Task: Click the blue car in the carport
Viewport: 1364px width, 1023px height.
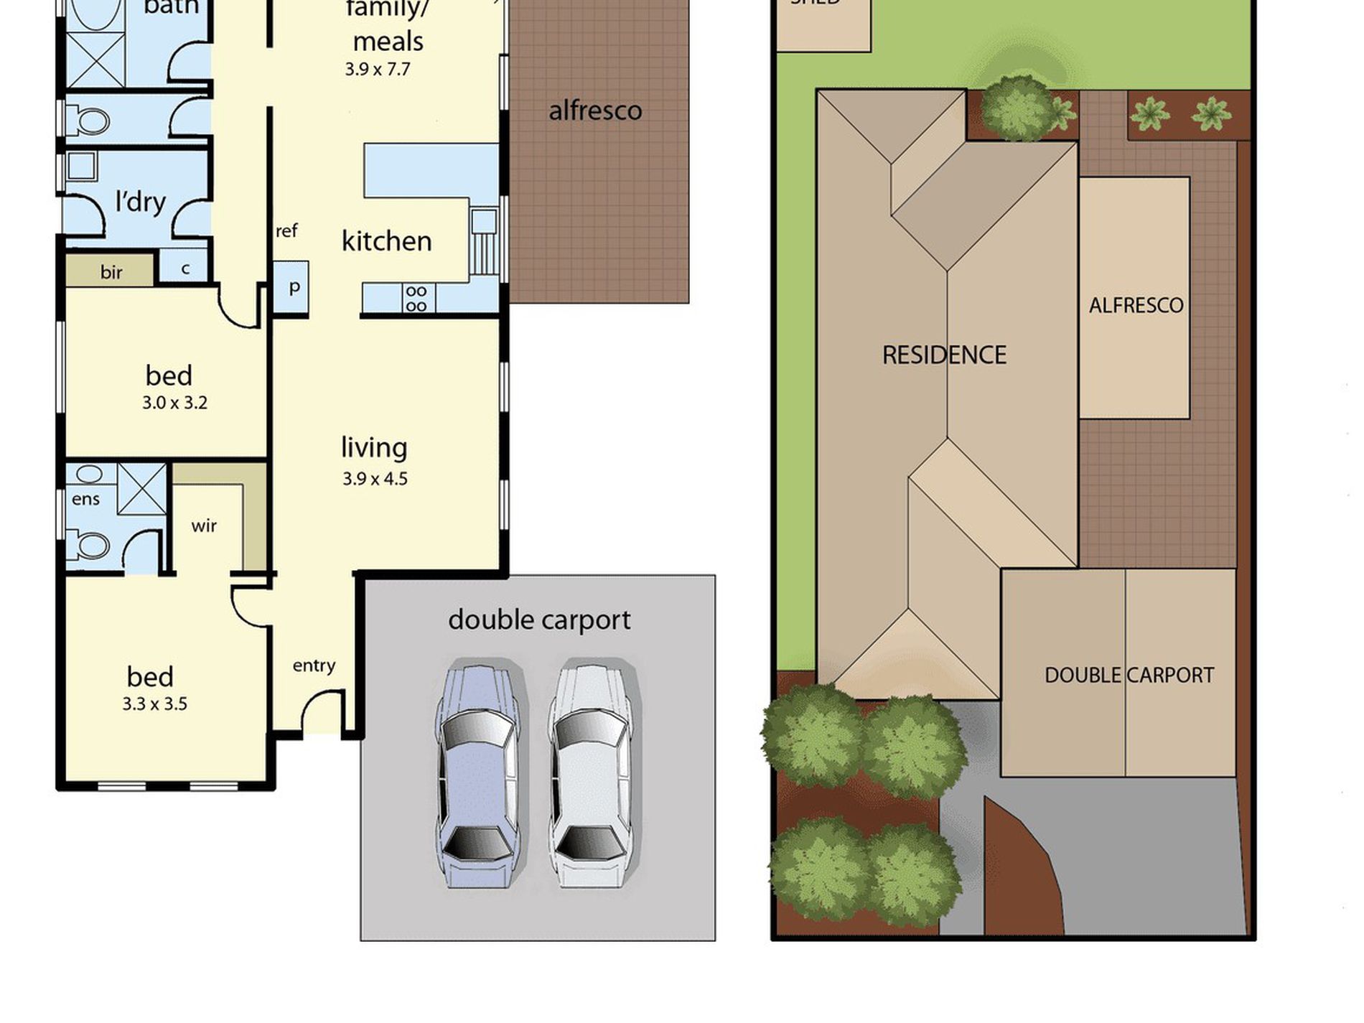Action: pyautogui.click(x=477, y=774)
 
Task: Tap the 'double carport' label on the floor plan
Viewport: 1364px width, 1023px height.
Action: pyautogui.click(x=539, y=620)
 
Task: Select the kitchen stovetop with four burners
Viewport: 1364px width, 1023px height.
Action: pyautogui.click(x=416, y=299)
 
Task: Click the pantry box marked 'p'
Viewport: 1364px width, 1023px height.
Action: pyautogui.click(x=292, y=287)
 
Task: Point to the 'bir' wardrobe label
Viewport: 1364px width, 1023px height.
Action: pyautogui.click(x=111, y=272)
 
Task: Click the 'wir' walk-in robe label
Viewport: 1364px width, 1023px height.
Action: pyautogui.click(x=204, y=526)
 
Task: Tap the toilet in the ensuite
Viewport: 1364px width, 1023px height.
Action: pyautogui.click(x=90, y=544)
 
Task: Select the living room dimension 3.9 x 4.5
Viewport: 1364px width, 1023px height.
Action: pyautogui.click(x=375, y=479)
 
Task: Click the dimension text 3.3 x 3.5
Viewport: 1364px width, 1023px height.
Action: pyautogui.click(x=154, y=704)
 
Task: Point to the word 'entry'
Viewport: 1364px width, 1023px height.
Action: pyautogui.click(x=314, y=666)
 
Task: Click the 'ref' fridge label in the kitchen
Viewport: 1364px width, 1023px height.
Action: pyautogui.click(x=286, y=231)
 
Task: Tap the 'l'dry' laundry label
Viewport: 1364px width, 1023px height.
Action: pyautogui.click(x=141, y=202)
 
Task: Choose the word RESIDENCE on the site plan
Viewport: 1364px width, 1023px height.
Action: pyautogui.click(x=944, y=355)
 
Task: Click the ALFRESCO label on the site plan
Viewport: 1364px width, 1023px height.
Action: pyautogui.click(x=1136, y=306)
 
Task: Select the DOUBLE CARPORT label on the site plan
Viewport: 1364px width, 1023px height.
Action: pyautogui.click(x=1129, y=676)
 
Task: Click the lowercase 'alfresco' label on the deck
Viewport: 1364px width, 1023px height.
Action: pyautogui.click(x=595, y=111)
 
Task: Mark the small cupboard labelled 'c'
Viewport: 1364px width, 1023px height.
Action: pyautogui.click(x=185, y=268)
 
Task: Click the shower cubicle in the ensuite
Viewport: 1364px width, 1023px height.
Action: pyautogui.click(x=141, y=488)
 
